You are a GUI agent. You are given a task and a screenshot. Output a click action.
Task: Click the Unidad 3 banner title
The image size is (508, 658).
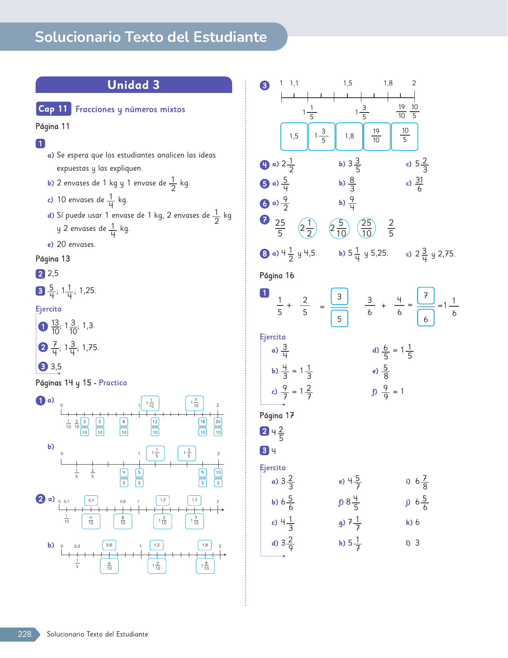133,85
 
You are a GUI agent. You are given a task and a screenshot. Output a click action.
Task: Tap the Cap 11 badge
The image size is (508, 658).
53,109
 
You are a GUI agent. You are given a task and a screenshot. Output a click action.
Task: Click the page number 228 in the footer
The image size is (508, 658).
24,634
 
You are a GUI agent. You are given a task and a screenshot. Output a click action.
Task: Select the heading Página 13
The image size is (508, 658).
53,259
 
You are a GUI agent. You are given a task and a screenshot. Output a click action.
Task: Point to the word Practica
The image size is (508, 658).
113,383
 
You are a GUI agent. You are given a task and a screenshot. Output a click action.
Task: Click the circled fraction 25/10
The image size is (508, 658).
367,228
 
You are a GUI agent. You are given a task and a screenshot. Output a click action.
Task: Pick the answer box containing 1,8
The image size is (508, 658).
349,136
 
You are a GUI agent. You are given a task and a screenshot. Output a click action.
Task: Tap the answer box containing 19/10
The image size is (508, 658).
376,136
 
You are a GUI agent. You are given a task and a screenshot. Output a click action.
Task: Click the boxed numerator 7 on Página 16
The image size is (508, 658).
426,296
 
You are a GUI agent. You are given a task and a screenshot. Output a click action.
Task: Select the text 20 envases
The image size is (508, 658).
76,244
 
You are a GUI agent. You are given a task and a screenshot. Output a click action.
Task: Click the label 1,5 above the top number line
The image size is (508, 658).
348,83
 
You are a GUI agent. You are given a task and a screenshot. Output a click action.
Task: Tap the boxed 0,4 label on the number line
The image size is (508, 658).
91,500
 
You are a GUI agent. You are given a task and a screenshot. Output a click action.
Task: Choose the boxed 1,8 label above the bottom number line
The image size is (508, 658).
205,545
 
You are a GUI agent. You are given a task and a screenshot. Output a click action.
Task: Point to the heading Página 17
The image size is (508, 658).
277,416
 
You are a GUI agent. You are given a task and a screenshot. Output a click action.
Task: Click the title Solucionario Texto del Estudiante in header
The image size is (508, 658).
151,37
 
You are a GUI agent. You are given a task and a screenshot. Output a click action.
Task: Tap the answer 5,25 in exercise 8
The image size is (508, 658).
379,253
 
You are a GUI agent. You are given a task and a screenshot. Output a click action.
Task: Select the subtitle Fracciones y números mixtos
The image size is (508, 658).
130,109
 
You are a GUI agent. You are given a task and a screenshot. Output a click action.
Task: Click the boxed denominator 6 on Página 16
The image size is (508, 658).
426,319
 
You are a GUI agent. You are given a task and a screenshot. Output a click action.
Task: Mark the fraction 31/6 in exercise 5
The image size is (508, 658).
419,184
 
